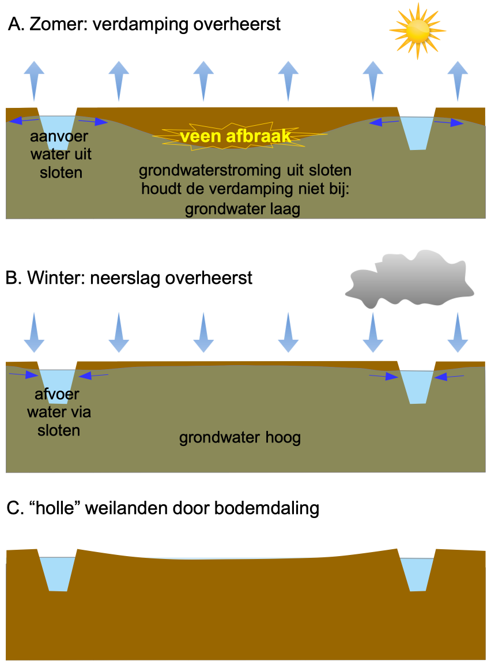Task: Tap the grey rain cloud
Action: point(410,280)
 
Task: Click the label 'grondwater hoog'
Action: point(240,438)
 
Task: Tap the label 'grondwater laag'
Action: point(243,209)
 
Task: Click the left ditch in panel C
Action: point(57,573)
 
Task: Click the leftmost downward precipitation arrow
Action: point(34,332)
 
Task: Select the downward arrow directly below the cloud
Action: point(373,332)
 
